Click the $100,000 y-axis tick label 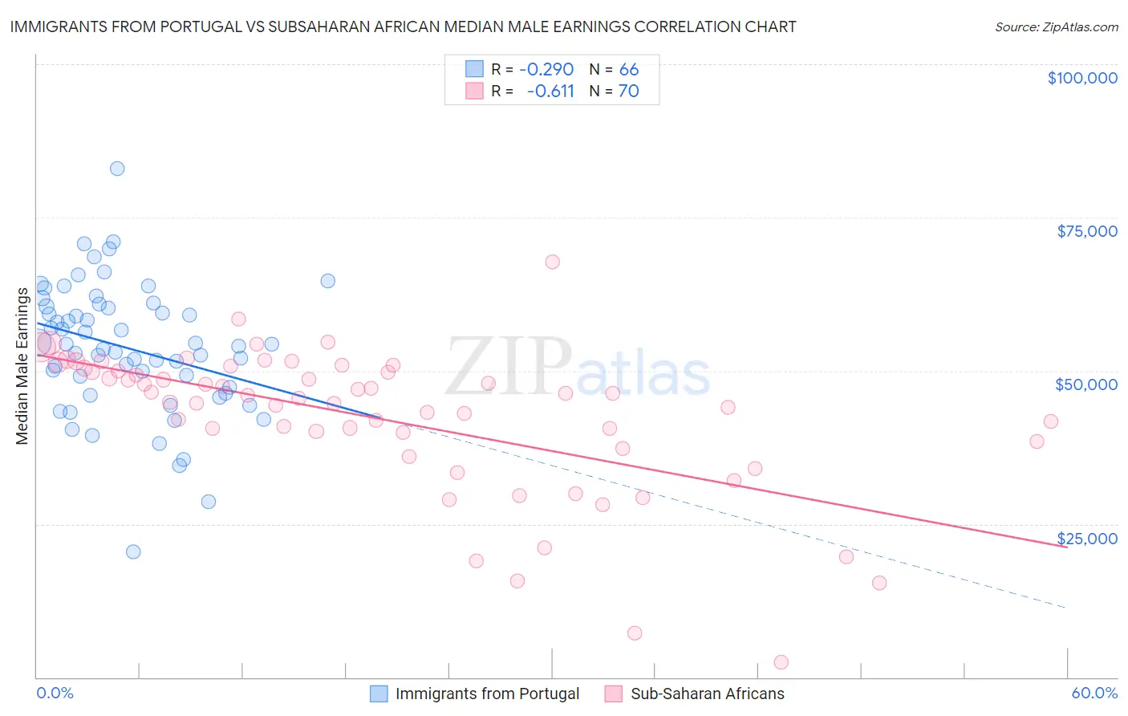point(1081,78)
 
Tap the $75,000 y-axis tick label point(1086,231)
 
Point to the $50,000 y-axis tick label point(1085,384)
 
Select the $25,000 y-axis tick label point(1086,538)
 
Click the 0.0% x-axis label point(55,693)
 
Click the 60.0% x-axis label point(1094,693)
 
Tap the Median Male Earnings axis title point(22,365)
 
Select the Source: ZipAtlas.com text point(1056,27)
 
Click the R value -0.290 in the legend point(546,69)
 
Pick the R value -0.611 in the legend point(550,92)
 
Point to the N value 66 point(629,69)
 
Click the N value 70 point(628,92)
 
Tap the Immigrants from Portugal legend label point(487,694)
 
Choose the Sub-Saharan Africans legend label point(707,694)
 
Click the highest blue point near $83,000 point(117,169)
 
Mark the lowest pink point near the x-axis point(781,662)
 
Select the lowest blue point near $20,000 point(133,551)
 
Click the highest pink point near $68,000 point(552,262)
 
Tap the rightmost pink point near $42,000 point(1051,421)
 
